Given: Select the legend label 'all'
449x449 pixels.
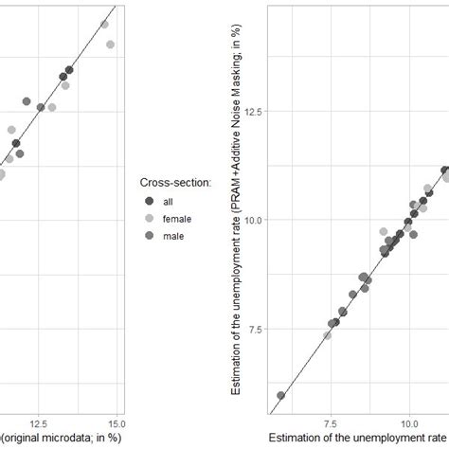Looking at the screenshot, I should [169, 201].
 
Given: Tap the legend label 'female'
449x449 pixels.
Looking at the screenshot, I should [176, 218].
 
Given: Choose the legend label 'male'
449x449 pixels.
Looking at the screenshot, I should [172, 235].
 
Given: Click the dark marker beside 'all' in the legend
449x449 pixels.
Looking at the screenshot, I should [149, 201].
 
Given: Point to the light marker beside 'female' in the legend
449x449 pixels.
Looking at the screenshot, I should [149, 218].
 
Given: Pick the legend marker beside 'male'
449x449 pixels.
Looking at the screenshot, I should [149, 235].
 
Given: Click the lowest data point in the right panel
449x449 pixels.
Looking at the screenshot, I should [280, 395].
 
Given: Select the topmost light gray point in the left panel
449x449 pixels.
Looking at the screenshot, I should [104, 24].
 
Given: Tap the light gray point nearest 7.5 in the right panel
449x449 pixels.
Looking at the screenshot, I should [328, 335].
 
